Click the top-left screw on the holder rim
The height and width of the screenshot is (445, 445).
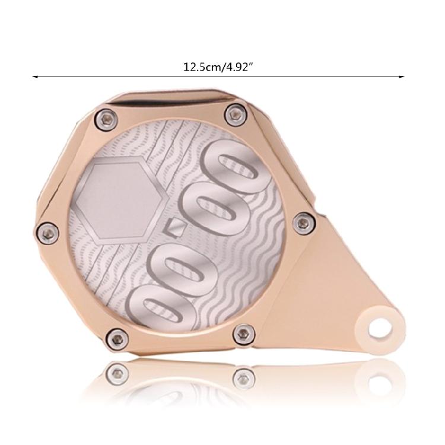point(107,119)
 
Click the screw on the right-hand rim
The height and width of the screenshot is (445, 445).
point(304,222)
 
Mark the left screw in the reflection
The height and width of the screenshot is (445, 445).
point(116,374)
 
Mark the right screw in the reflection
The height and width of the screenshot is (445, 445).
point(243,376)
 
